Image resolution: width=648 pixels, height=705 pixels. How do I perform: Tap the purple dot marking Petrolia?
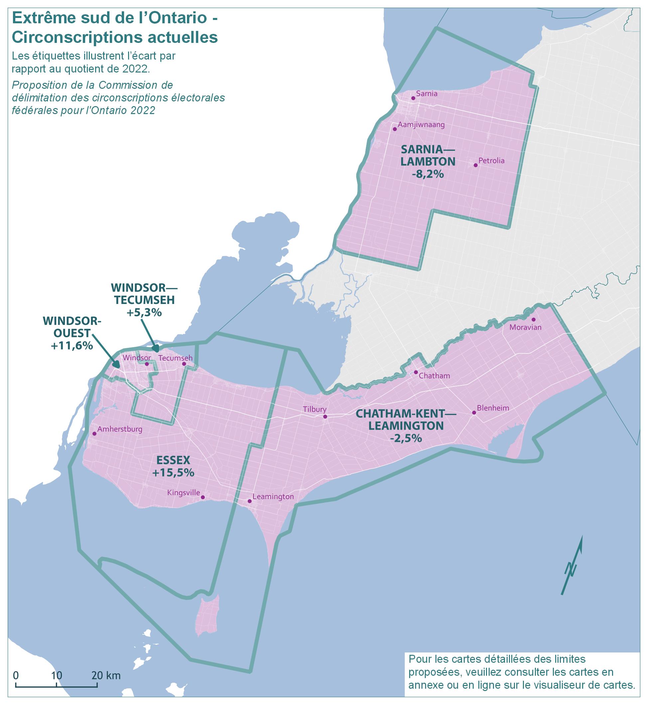coord(475,165)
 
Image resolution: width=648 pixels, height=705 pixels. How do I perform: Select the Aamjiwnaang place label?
coord(421,125)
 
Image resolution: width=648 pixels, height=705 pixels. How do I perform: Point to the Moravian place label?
coord(525,328)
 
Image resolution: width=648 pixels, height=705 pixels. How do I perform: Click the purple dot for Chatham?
coord(416,372)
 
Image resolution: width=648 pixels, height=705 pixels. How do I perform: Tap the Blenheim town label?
coord(493,408)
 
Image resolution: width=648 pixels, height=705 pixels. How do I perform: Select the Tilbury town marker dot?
coord(325,416)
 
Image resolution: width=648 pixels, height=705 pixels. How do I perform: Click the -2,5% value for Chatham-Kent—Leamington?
coord(406,438)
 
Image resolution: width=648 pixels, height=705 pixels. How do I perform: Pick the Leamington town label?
coord(273,497)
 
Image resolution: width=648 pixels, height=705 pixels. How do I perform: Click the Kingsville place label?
coord(183,493)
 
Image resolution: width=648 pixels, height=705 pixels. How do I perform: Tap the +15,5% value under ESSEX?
coord(173,473)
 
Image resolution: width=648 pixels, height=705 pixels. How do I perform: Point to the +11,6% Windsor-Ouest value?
coord(72,346)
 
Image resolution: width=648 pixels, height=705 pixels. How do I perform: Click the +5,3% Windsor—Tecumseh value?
coord(144,312)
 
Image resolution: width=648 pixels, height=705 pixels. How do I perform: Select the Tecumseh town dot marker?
coord(184,364)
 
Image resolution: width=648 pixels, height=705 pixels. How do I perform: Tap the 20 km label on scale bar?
coord(106,675)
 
